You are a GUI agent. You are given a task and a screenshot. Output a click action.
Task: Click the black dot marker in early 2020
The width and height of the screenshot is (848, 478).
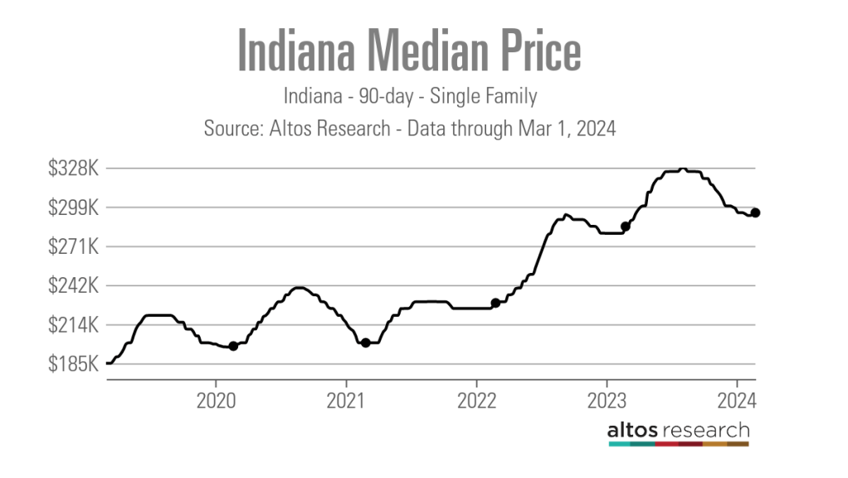(233, 346)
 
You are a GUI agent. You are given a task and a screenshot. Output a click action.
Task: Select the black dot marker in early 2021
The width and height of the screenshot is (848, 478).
(365, 343)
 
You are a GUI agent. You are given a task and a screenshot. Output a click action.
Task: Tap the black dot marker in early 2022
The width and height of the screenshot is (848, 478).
(495, 303)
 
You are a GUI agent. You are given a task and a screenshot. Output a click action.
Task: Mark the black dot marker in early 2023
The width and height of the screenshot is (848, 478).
(626, 227)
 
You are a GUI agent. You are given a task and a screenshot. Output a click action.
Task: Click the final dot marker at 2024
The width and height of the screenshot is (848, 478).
(756, 212)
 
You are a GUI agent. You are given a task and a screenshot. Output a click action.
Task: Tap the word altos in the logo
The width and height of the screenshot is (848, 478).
(633, 431)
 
